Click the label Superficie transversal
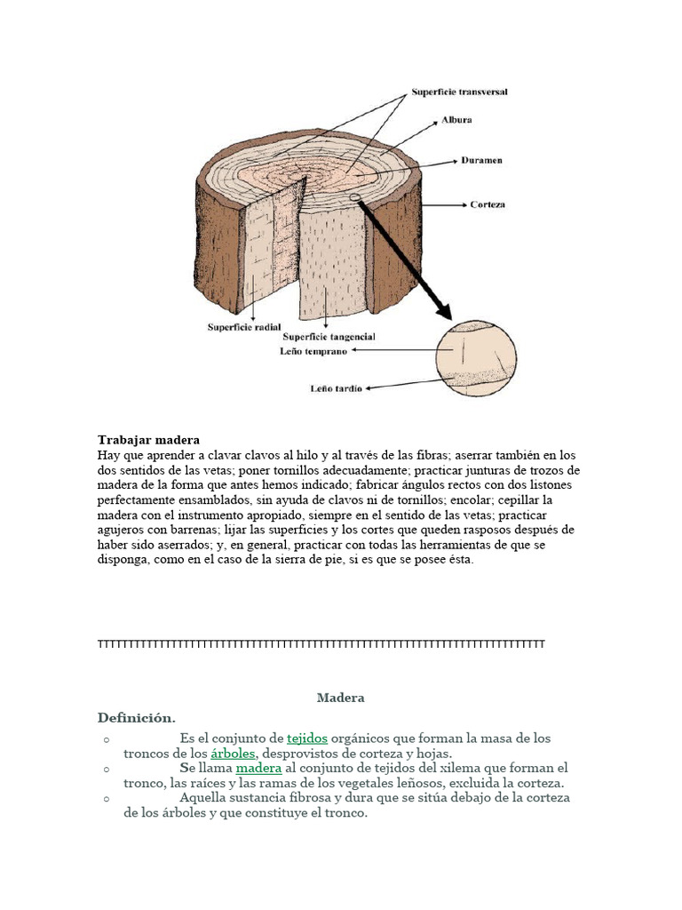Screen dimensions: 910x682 pos(459,92)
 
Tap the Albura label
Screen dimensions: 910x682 pos(456,120)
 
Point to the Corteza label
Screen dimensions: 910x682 pos(487,204)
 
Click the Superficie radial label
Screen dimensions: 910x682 pos(244,327)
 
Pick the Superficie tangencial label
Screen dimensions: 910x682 pos(329,337)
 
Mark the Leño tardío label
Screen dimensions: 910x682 pos(336,388)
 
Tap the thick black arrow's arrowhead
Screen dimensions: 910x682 pos(441,309)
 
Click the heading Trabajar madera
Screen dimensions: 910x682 pos(148,440)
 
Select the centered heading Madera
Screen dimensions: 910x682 pos(340,698)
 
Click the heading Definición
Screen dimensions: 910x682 pos(137,717)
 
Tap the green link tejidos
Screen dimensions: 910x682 pos(307,738)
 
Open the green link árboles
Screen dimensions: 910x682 pos(234,754)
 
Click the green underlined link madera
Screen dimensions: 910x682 pos(258,768)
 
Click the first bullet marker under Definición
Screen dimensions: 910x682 pos(105,739)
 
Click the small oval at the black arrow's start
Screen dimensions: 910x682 pos(355,198)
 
